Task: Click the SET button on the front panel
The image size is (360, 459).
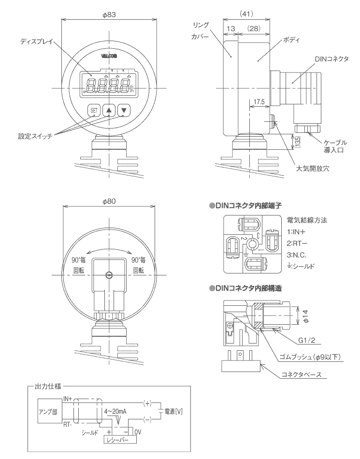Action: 94,110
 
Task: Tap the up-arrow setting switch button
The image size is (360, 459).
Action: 109,110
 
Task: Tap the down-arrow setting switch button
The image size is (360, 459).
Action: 124,110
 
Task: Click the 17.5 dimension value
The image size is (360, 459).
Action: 257,102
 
